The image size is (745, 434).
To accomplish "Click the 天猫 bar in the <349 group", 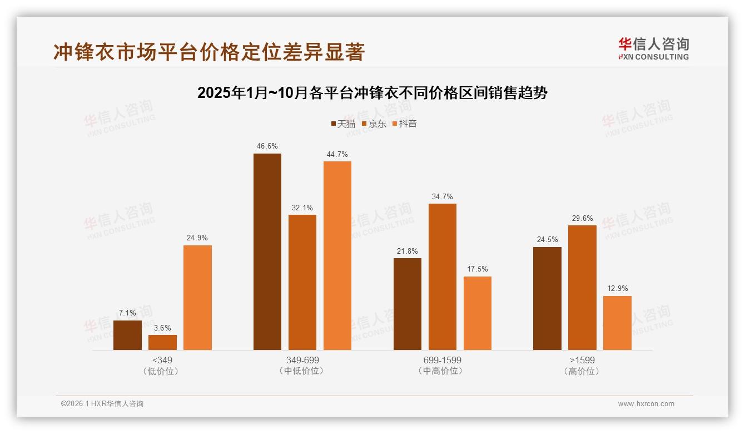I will [127, 335].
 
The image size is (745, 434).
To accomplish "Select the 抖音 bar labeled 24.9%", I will [197, 298].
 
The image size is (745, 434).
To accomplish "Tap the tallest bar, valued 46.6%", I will [267, 251].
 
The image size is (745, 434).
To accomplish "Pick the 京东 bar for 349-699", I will [302, 282].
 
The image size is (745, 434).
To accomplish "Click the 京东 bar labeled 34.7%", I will [442, 277].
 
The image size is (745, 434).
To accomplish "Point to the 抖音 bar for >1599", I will [617, 323].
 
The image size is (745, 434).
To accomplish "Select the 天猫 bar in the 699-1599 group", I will [407, 304].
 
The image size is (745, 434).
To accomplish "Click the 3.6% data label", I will [162, 328].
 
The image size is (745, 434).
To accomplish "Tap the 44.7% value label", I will [337, 154].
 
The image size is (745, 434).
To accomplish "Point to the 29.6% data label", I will [582, 218].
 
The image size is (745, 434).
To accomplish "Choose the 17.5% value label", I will [477, 269].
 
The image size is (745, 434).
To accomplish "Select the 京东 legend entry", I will [374, 124].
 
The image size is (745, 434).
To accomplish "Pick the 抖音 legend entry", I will [405, 124].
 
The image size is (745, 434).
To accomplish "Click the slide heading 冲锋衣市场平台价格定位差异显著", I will [209, 52].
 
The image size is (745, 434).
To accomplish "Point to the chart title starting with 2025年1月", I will [372, 93].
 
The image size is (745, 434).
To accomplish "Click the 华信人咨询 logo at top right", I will [653, 48].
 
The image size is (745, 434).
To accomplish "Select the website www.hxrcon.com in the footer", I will [646, 404].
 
